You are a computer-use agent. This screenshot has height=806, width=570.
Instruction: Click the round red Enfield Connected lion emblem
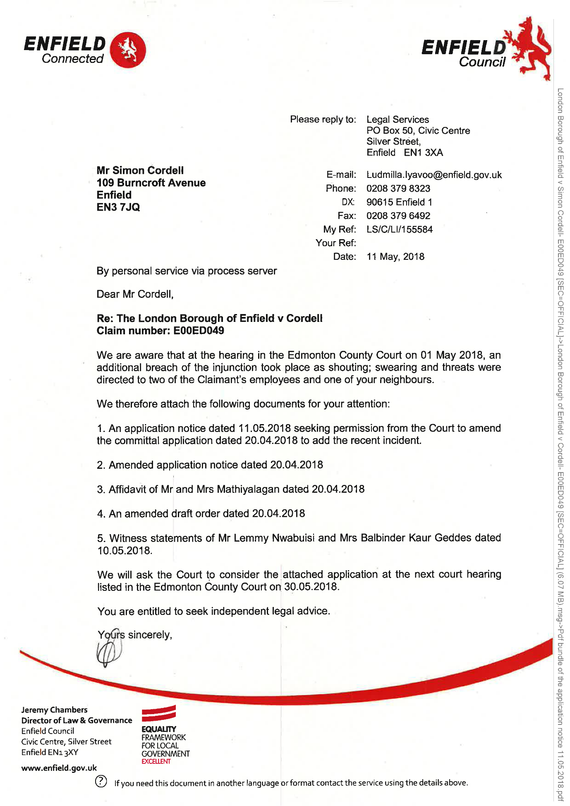128,50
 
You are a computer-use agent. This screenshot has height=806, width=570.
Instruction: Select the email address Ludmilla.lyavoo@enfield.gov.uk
434,175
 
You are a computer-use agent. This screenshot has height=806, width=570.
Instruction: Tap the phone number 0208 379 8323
398,189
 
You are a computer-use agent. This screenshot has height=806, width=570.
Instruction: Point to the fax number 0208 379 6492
398,216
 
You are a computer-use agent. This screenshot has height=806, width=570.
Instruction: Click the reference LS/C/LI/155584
399,230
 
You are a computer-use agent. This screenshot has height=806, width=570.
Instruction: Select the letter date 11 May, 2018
395,257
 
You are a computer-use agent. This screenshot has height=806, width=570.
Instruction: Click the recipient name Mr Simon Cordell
140,170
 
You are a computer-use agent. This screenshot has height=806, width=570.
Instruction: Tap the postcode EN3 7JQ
118,207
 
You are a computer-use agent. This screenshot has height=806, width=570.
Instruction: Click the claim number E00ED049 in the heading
199,331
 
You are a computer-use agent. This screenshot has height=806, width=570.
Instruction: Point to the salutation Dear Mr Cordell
135,294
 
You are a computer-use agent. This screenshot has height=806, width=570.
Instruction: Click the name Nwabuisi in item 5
293,538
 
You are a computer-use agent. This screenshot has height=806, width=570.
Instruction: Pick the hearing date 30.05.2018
311,587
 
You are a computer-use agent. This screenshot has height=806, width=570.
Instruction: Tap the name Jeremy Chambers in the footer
54,710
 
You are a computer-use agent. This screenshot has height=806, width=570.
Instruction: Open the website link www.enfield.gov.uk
59,768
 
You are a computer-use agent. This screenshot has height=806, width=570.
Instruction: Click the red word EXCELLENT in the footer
156,761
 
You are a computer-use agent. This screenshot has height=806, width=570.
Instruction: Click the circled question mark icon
101,781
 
